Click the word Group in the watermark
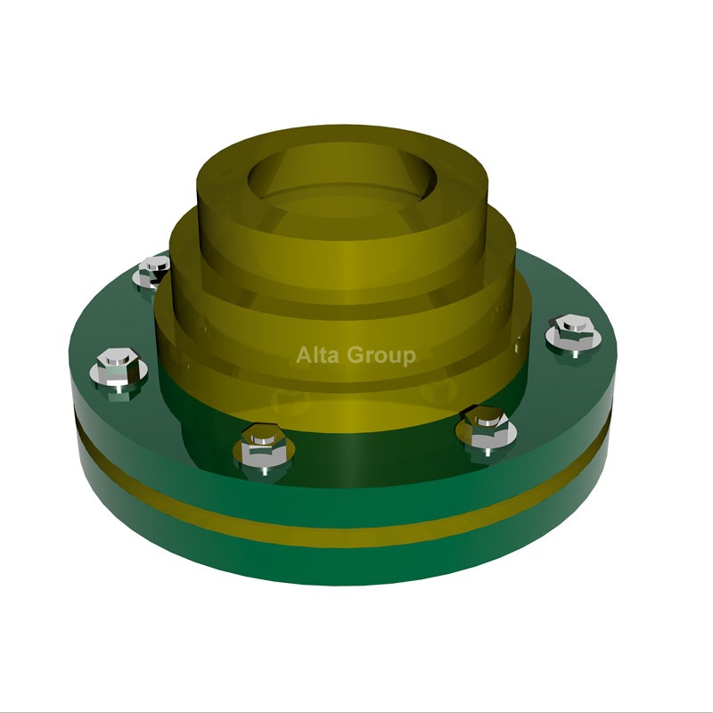click(x=381, y=356)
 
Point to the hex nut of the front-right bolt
click(x=487, y=424)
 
